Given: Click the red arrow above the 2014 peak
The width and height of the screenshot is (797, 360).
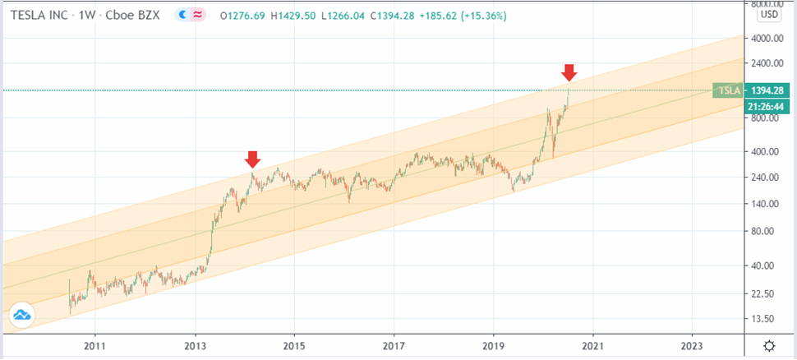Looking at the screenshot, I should pyautogui.click(x=252, y=159).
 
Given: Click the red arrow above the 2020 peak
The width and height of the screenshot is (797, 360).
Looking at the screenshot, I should pyautogui.click(x=569, y=72).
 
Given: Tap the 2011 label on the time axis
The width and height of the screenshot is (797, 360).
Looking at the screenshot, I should pyautogui.click(x=95, y=346).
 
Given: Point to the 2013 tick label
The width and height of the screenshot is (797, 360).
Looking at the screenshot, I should pyautogui.click(x=196, y=346).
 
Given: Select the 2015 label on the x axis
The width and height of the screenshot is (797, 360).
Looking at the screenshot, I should pyautogui.click(x=295, y=346).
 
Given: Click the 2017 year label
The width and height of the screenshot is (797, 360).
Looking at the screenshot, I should pyautogui.click(x=394, y=346).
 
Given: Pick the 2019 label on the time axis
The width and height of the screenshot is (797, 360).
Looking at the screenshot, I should pyautogui.click(x=494, y=346).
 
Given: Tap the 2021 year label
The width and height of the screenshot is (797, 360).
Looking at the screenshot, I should pyautogui.click(x=593, y=346).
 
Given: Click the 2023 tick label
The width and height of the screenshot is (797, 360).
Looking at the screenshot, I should pyautogui.click(x=693, y=346).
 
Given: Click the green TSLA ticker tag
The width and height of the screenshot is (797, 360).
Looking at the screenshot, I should pyautogui.click(x=727, y=90).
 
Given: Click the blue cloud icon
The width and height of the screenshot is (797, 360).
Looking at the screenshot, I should pyautogui.click(x=22, y=313).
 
